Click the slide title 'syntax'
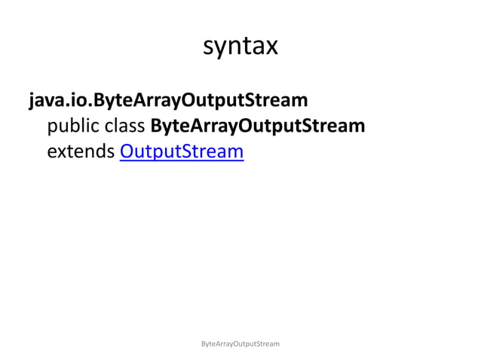click(240, 47)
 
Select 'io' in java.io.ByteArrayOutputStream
click(77, 99)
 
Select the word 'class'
click(127, 126)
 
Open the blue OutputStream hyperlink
click(182, 152)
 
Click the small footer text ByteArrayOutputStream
click(240, 343)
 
